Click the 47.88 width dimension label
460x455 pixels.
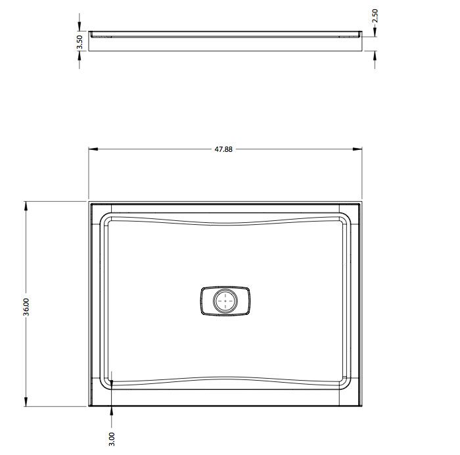click(x=223, y=149)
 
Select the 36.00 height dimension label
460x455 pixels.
click(x=26, y=307)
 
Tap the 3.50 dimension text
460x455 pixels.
click(x=80, y=43)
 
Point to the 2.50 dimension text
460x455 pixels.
click(x=375, y=16)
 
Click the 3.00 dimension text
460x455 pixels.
click(x=112, y=439)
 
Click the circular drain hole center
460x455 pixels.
click(x=225, y=301)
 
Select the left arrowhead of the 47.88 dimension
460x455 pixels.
click(x=93, y=149)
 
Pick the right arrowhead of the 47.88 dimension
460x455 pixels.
click(x=357, y=149)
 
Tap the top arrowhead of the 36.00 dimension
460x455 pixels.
click(x=26, y=206)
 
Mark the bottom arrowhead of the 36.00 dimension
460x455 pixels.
click(x=26, y=402)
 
